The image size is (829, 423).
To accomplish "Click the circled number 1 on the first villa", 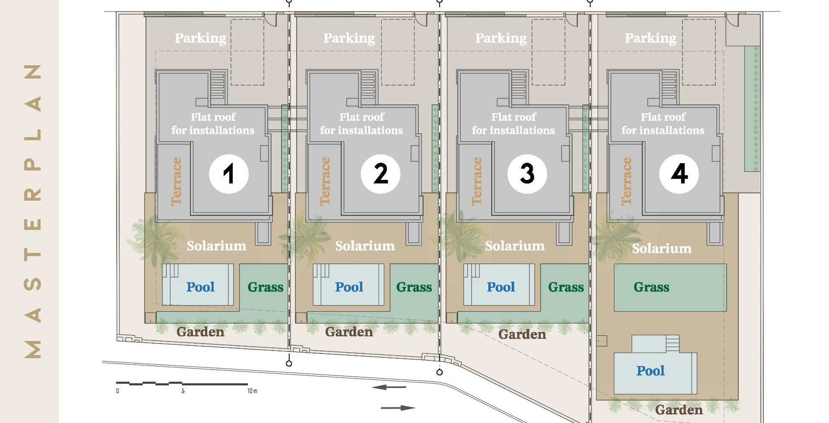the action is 229,174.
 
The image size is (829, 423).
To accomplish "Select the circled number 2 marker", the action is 380,174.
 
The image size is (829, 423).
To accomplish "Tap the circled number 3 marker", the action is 527,174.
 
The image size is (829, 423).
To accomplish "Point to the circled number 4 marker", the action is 679,174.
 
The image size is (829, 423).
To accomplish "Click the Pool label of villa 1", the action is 200,287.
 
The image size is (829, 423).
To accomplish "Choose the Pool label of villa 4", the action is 651,371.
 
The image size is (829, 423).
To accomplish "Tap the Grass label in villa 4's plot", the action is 652,287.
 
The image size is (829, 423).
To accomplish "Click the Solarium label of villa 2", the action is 365,246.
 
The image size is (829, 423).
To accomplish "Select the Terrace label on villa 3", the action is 477,181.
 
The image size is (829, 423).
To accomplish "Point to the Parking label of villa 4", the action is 651,38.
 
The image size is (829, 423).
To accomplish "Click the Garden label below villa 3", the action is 522,335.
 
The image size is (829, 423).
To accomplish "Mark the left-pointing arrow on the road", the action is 389,387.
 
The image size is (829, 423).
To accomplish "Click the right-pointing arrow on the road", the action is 398,407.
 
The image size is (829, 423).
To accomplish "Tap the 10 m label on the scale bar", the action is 252,391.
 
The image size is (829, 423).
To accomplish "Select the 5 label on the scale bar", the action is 183,391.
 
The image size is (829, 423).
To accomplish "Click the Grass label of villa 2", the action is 414,287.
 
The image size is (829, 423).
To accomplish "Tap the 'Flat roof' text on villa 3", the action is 514,117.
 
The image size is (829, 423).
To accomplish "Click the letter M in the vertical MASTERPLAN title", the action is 33,350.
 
